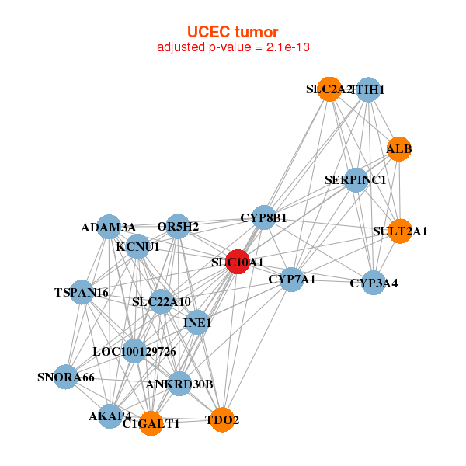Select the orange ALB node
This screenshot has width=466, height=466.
point(398,148)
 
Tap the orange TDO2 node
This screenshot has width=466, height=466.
point(222,419)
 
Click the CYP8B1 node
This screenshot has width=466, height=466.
point(264,218)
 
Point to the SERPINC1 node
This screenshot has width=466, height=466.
point(356,180)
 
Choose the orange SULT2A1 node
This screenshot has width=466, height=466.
point(400,231)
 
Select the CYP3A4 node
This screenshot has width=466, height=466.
point(374,283)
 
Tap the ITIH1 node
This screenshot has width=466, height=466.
point(368,90)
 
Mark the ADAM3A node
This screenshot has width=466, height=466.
point(109,227)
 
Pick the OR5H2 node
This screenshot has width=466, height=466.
point(179,227)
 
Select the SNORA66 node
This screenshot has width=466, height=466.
point(66,377)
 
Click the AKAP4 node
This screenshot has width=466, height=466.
point(110,416)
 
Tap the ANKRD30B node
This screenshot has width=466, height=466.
point(179,384)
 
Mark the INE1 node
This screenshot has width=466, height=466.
point(197,322)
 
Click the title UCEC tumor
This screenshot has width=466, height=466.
point(232,32)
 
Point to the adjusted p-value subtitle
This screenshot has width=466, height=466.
point(232,47)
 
